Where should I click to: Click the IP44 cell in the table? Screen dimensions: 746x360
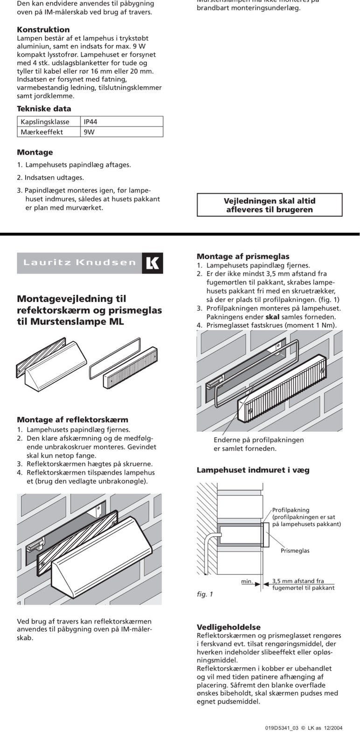coord(90,122)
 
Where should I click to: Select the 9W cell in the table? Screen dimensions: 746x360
coord(89,132)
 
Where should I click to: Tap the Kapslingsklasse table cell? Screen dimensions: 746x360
coord(45,122)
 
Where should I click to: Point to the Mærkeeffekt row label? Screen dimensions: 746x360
coord(42,132)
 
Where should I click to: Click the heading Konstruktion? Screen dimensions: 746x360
coord(43,29)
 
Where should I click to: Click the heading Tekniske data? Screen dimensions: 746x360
coord(44,109)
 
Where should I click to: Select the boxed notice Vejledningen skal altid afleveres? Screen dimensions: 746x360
coord(270,205)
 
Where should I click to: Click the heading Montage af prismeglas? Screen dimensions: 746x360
coord(243,256)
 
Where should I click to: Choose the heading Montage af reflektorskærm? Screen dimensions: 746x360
coord(72,420)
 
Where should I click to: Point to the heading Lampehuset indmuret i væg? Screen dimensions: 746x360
coord(253,470)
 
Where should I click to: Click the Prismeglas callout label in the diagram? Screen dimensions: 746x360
coord(295,551)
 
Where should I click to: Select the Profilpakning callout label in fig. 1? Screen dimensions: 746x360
coord(291,510)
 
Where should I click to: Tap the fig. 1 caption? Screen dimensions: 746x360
coord(205,594)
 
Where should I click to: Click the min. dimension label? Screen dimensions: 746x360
coord(247,581)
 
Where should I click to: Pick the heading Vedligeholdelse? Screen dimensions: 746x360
coord(228,627)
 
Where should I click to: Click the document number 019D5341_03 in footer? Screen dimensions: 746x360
coord(282,728)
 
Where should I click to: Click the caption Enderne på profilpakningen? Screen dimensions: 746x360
coord(258,440)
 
